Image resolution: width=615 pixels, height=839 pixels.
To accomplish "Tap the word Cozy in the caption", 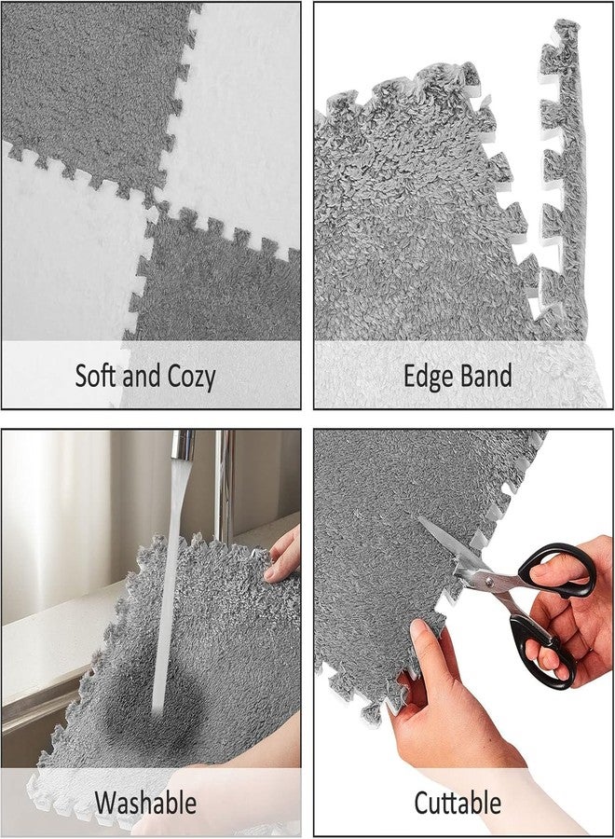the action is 191,377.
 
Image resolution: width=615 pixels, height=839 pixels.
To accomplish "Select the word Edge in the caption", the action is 428,377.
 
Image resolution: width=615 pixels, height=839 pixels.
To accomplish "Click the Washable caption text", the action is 145,803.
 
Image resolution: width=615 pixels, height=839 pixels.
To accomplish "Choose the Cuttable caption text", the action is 458,803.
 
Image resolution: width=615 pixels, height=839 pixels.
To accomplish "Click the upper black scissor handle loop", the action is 559,570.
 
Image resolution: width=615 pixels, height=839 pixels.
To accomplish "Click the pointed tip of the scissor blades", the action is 418,517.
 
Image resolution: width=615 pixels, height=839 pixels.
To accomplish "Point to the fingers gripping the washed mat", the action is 283,554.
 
